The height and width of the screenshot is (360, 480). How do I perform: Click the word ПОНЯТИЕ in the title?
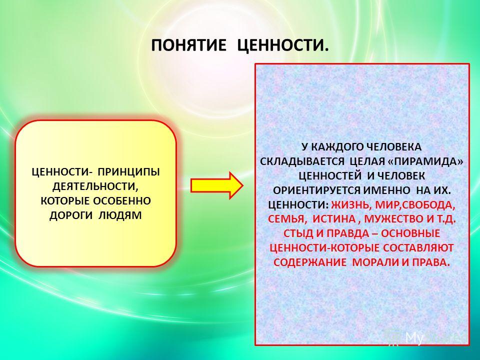coord(188,46)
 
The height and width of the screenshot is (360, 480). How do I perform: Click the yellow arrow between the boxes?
coord(216,185)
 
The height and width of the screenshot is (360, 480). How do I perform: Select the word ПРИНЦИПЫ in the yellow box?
coord(128,172)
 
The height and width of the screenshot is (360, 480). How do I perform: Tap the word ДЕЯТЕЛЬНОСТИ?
coord(95,186)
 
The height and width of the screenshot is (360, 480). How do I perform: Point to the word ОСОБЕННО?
coord(122,201)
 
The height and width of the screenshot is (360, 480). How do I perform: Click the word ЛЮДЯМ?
coord(120,215)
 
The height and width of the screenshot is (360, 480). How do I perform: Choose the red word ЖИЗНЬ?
coord(350,205)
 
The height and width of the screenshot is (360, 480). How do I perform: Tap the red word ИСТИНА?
coord(334,219)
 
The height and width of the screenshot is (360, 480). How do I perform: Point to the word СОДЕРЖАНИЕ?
coord(310,262)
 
